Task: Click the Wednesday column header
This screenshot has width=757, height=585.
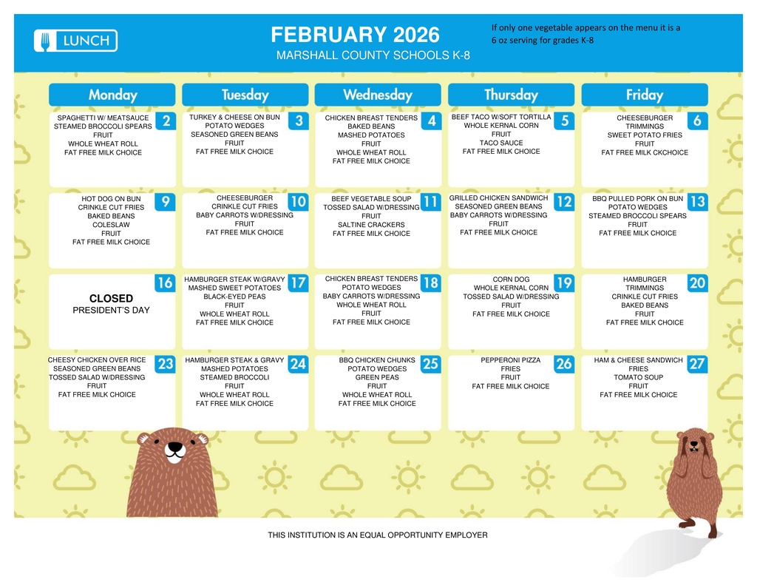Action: [378, 95]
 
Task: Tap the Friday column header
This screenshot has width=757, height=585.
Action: [644, 95]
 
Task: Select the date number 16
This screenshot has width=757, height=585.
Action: [165, 283]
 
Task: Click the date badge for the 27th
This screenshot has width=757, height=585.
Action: [696, 364]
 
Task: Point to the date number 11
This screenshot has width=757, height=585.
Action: [430, 202]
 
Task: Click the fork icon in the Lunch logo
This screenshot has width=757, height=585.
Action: [45, 41]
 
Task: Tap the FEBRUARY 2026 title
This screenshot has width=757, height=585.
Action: [355, 35]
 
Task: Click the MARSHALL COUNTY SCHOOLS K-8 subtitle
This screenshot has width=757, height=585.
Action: [373, 56]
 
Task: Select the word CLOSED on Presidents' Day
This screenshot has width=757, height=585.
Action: [111, 299]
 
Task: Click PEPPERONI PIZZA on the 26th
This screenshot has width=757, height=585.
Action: [510, 360]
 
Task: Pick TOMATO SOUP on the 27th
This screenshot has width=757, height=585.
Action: [639, 377]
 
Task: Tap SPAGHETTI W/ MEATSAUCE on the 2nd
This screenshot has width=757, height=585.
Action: [103, 118]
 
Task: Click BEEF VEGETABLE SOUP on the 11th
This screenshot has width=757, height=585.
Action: [371, 199]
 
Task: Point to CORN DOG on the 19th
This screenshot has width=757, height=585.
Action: [511, 280]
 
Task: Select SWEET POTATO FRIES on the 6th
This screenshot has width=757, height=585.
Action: [645, 135]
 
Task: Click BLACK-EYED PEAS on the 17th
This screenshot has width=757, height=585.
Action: [234, 297]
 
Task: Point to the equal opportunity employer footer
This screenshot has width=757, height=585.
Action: [378, 535]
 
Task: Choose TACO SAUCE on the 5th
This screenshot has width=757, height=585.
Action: [500, 143]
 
